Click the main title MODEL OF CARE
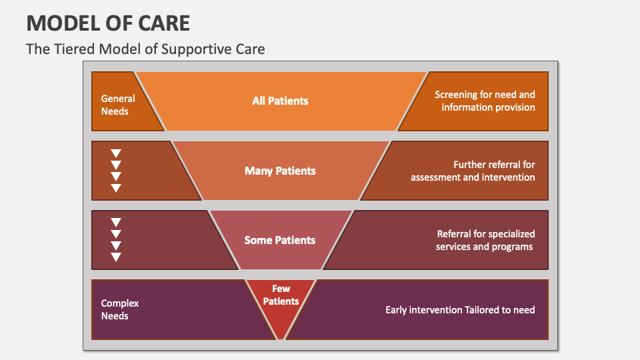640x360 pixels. (x=108, y=23)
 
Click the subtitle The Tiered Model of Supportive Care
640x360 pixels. (x=145, y=49)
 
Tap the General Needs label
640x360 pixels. (x=118, y=105)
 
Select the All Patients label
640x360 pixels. (x=280, y=101)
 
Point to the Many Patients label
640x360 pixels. (x=280, y=171)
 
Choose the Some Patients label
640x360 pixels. (x=280, y=240)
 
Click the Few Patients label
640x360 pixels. (x=281, y=295)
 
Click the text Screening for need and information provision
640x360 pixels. (x=485, y=101)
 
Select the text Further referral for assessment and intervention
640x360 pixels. (x=473, y=171)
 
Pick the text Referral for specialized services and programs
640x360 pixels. (x=485, y=240)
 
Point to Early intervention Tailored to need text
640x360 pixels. (x=460, y=309)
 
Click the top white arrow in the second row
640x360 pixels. (x=116, y=153)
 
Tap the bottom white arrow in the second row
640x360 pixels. (x=116, y=188)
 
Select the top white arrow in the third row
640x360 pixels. (x=116, y=223)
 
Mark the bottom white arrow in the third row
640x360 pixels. (x=116, y=257)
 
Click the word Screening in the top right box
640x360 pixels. (x=456, y=95)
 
